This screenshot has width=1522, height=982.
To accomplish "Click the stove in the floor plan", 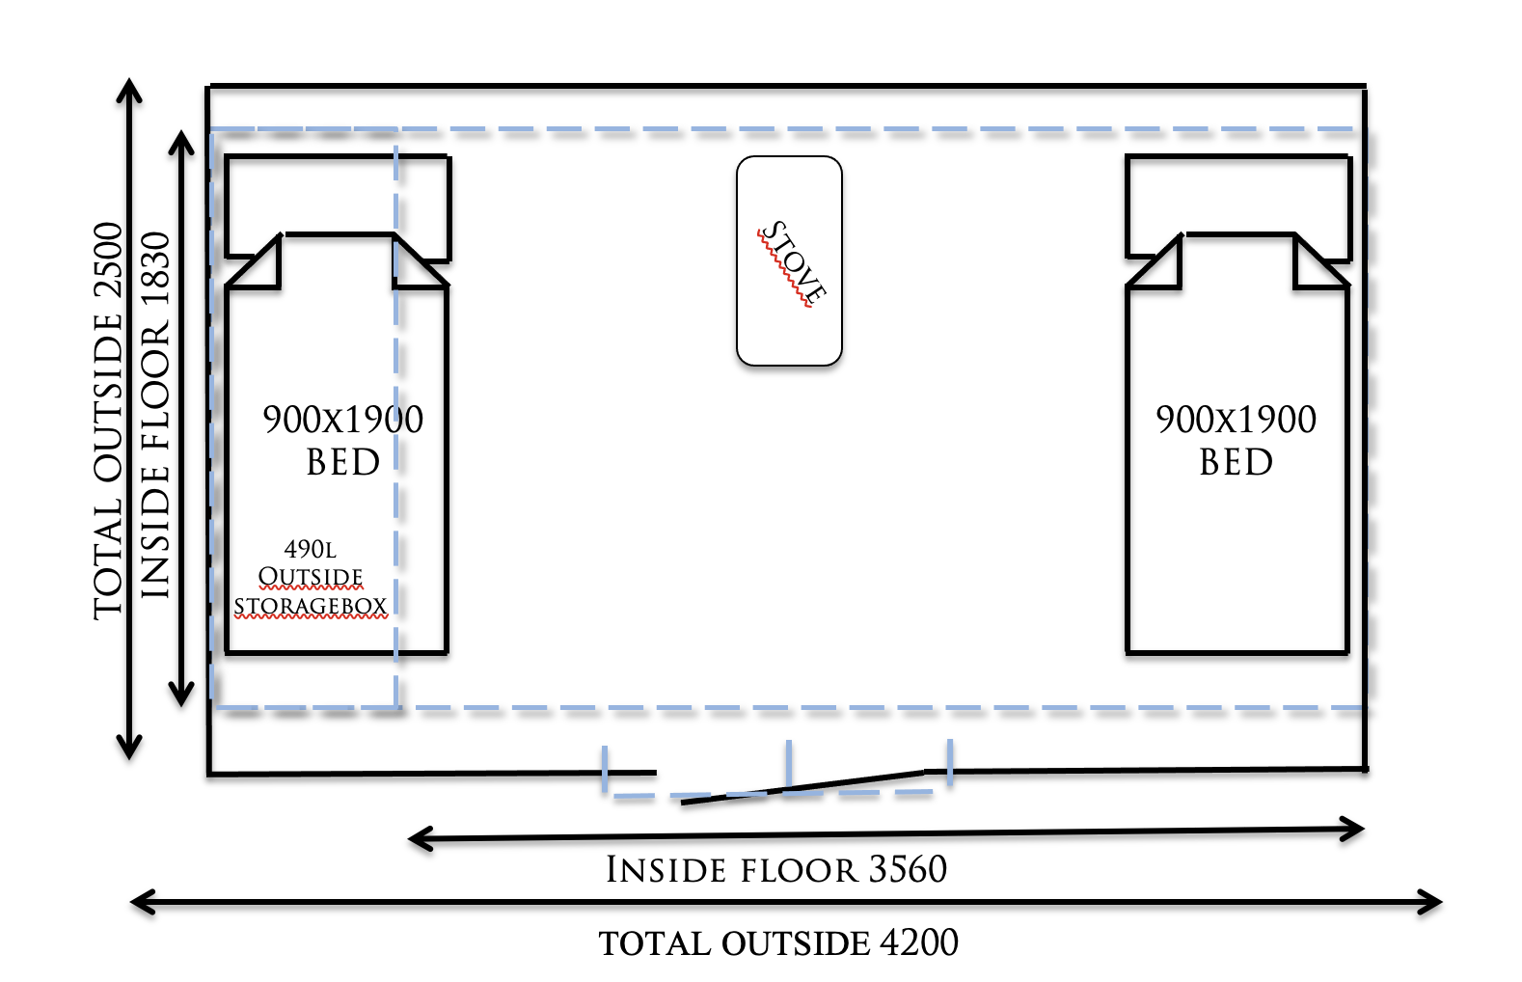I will pyautogui.click(x=789, y=260).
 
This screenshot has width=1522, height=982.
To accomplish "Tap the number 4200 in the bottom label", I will pyautogui.click(x=919, y=942).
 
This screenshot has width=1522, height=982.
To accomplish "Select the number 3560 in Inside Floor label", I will pyautogui.click(x=908, y=869).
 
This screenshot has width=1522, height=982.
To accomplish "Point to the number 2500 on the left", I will pyautogui.click(x=108, y=260).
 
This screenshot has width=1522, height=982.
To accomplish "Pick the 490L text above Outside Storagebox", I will pyautogui.click(x=310, y=549).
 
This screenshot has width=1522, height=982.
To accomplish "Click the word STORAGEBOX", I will pyautogui.click(x=310, y=606).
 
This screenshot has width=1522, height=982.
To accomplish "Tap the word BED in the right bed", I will pyautogui.click(x=1236, y=463).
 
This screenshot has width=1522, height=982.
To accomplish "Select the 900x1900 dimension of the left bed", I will pyautogui.click(x=342, y=420).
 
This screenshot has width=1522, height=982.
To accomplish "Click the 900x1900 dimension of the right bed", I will pyautogui.click(x=1236, y=420).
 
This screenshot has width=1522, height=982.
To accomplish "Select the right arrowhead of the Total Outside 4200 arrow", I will pyautogui.click(x=1433, y=903).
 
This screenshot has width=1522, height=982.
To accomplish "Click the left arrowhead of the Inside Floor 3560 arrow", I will pyautogui.click(x=419, y=839).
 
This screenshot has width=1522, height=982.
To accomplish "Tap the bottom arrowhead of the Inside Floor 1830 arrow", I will pyautogui.click(x=181, y=695).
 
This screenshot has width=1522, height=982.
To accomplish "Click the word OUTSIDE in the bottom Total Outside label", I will pyautogui.click(x=796, y=943).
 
